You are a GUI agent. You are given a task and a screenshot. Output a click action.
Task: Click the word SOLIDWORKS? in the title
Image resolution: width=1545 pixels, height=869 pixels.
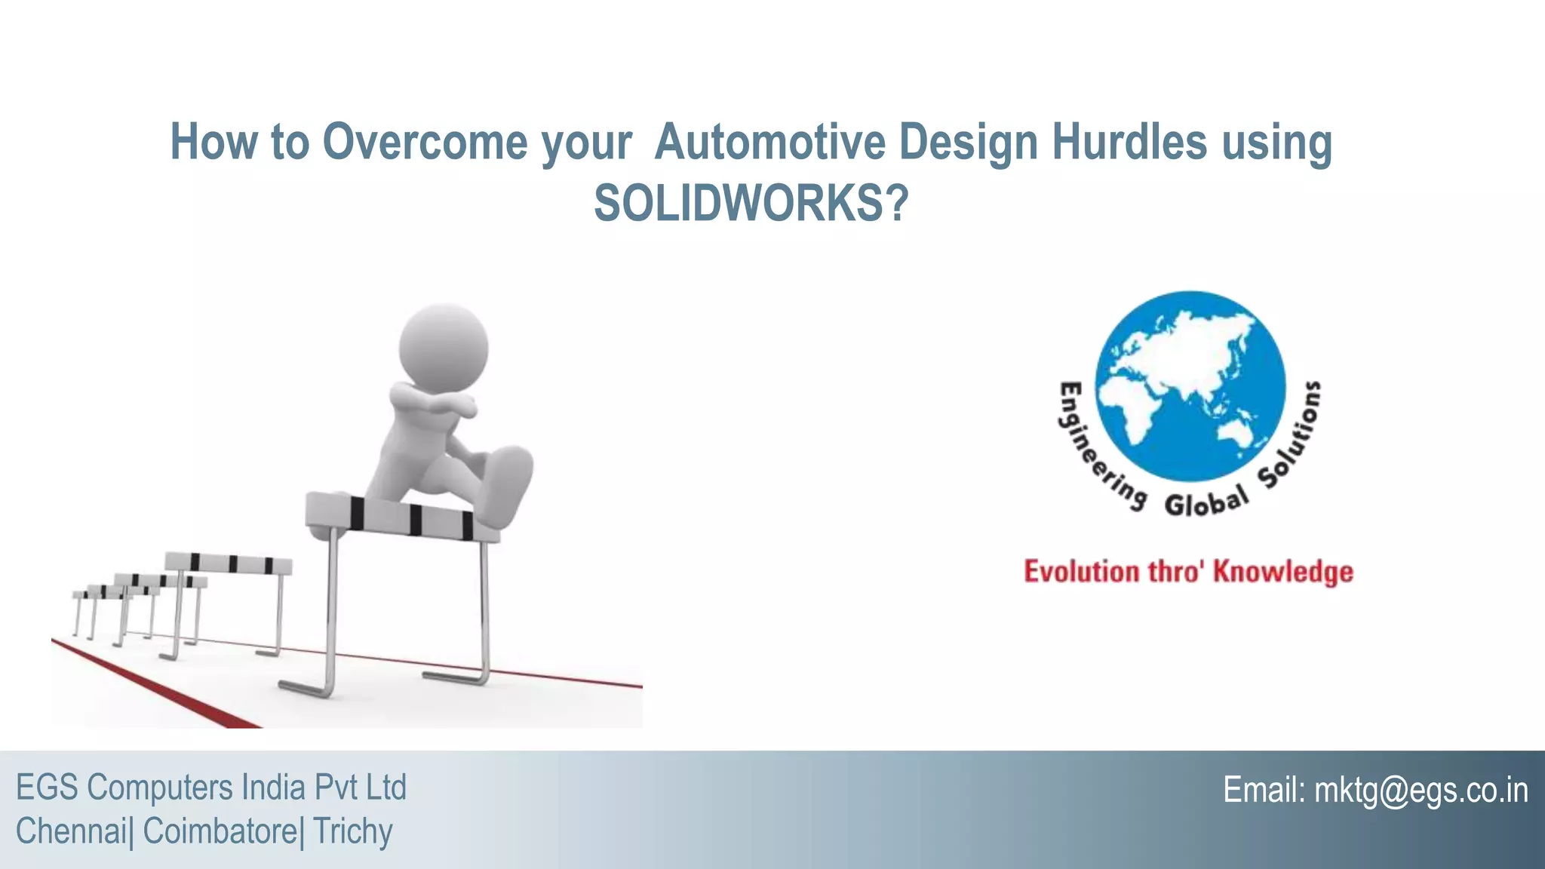[751, 204]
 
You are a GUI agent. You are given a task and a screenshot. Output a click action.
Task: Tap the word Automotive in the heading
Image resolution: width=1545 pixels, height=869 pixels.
[769, 142]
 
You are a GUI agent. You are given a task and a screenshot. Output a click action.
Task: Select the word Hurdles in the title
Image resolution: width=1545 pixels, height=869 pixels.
[1129, 142]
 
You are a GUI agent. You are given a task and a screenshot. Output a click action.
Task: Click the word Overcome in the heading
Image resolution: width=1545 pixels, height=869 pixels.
[425, 142]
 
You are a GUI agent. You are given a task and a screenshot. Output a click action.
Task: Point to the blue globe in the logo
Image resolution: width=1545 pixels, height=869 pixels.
[1190, 386]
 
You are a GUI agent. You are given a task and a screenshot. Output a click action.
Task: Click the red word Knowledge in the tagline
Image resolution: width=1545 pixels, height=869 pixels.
[1282, 572]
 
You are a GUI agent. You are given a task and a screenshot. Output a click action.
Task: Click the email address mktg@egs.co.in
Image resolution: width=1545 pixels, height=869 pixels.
[1421, 791]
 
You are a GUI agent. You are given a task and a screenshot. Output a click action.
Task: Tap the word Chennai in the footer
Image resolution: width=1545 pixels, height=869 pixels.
[71, 831]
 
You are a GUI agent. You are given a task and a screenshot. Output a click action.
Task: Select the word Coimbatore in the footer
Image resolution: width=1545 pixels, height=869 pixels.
[220, 831]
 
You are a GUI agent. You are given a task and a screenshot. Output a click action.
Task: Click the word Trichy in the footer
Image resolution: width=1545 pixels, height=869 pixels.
[352, 831]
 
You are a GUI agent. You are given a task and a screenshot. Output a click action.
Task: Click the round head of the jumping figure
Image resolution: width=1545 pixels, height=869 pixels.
[444, 348]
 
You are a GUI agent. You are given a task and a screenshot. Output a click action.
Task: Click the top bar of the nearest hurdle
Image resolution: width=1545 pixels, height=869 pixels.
[400, 517]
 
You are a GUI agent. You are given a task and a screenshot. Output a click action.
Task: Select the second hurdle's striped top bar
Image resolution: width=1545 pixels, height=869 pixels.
[228, 563]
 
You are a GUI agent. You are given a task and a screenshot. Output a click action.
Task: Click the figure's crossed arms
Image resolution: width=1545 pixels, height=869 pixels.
[434, 401]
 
